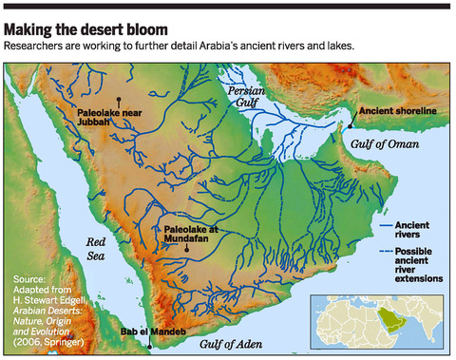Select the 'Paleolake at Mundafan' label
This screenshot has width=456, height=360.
click(192, 235)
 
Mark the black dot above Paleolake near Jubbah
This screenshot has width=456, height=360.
click(118, 100)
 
